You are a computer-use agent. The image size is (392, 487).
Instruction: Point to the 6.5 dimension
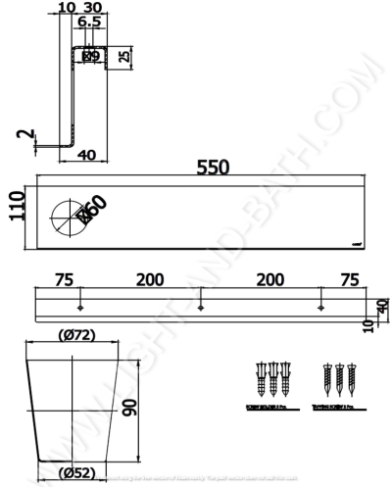coord(88,21)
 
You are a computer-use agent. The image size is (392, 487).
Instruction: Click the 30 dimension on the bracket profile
coord(93,7)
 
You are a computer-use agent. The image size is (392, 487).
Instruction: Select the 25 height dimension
coord(122,56)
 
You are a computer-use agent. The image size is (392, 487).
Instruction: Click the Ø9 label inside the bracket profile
coord(89,56)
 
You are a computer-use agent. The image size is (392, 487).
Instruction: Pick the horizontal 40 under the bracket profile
coord(85,154)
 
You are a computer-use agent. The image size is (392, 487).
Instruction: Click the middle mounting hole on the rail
coord(201,307)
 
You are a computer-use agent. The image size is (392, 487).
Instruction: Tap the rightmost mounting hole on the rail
coord(319,307)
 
